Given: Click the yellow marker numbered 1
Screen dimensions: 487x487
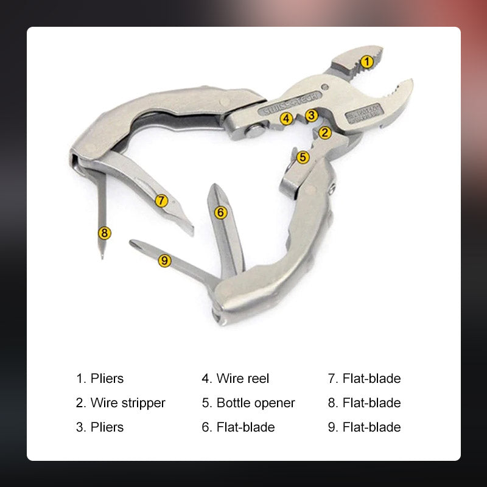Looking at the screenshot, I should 366,61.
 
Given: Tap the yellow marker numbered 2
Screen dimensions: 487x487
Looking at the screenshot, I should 325,131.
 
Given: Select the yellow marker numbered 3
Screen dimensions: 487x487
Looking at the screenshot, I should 311,114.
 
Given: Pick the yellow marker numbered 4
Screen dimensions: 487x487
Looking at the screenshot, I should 287,118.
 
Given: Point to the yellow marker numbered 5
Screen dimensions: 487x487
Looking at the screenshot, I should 303,157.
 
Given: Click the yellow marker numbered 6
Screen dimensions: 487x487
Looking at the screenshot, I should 220,212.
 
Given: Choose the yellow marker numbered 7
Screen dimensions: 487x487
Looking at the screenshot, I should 161,200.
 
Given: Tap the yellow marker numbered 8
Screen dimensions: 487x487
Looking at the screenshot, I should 105,233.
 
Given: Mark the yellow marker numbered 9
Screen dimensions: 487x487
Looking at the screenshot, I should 164,261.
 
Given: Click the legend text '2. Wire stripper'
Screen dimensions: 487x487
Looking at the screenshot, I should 121,403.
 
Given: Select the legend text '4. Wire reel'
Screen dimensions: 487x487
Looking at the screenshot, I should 235,379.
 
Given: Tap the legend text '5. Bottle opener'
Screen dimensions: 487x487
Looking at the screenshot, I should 248,403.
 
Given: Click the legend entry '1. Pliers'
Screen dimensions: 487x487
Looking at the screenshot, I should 100,379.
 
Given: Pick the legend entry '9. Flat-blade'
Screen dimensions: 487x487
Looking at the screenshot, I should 364,427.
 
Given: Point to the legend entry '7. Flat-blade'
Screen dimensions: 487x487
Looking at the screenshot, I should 364,379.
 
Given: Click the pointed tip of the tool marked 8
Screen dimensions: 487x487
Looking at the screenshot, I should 102,258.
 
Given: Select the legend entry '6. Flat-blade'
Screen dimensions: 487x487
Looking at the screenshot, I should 238,427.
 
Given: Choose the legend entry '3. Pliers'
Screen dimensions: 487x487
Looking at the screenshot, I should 100,427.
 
